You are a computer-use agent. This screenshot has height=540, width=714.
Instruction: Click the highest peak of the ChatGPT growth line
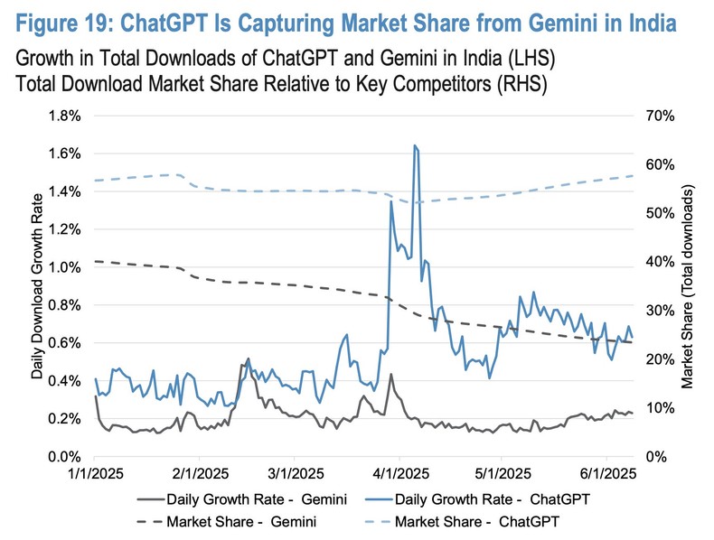click(x=414, y=145)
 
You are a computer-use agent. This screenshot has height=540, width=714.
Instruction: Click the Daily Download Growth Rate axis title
click(x=38, y=286)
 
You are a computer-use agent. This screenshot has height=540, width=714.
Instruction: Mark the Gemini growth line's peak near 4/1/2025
click(x=390, y=374)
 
